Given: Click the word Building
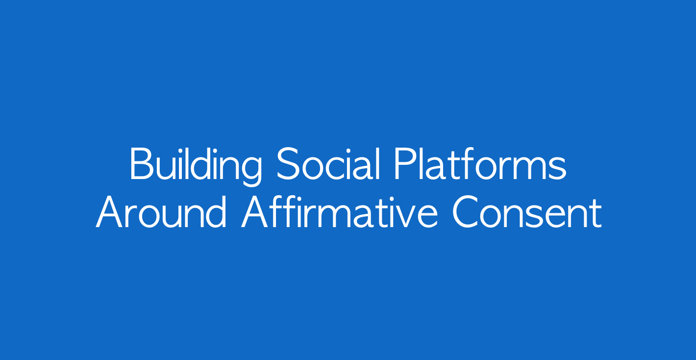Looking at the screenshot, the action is [196, 166].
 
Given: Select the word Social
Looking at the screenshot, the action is [328, 164].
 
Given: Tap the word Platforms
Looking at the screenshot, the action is [480, 164].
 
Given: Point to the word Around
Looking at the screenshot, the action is [161, 212].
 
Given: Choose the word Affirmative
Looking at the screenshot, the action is [340, 212].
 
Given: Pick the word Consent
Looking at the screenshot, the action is [527, 212].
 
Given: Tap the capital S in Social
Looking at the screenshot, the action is [288, 164].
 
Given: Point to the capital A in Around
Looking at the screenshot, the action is [109, 212].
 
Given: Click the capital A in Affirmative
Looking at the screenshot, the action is [255, 212].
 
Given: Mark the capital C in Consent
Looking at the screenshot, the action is [465, 212].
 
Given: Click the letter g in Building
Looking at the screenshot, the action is [250, 171].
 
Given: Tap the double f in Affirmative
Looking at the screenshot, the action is [281, 211].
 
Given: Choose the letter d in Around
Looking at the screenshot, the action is [216, 212].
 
